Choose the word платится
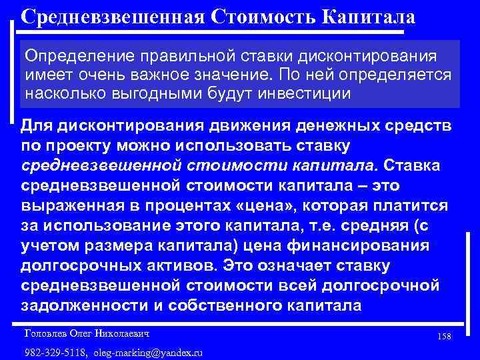pos(409,206)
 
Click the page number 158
pos(445,336)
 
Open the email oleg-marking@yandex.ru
pos(148,351)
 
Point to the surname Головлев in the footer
pos(42,331)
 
